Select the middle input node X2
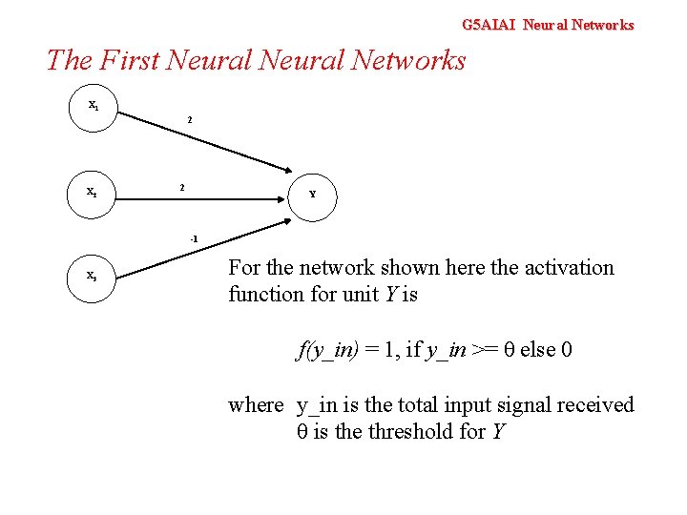click(93, 192)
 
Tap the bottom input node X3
click(93, 276)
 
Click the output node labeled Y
click(312, 195)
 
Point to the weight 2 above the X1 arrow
click(189, 121)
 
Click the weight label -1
click(193, 237)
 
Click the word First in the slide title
click(128, 61)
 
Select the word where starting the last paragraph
click(255, 405)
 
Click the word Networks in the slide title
click(408, 61)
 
